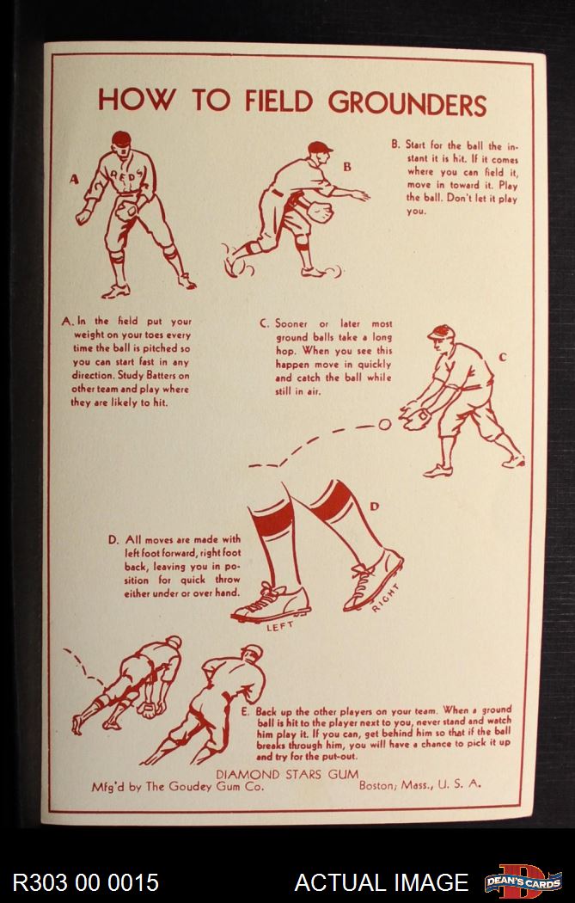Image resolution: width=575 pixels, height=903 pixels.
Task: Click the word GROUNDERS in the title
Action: coord(407,103)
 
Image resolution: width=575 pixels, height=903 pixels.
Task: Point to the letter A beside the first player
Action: coord(74,180)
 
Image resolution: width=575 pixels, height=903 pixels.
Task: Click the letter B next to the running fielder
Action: coord(347,167)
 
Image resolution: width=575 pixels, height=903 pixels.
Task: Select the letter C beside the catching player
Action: coord(503,358)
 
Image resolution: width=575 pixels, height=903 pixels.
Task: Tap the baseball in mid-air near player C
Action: coord(385,425)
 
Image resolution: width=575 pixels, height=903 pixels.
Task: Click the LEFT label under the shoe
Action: coord(279,626)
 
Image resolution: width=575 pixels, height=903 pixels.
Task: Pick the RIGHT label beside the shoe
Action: coord(385,598)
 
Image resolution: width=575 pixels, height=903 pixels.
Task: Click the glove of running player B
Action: coord(321,212)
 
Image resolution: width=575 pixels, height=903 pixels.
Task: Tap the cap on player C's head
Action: coord(441,332)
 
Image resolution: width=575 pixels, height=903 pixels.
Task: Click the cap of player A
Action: coord(121,138)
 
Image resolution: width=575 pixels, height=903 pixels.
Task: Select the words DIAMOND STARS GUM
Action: coord(286,774)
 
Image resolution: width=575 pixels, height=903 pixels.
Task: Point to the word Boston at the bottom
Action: coord(377,784)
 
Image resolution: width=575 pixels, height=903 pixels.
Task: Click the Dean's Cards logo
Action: coord(523,881)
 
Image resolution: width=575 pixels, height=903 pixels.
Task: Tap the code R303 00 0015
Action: coord(85,882)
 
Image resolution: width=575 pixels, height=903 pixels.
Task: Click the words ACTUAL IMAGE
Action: coord(381,882)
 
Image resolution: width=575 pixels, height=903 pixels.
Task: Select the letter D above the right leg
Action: coord(375,507)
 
